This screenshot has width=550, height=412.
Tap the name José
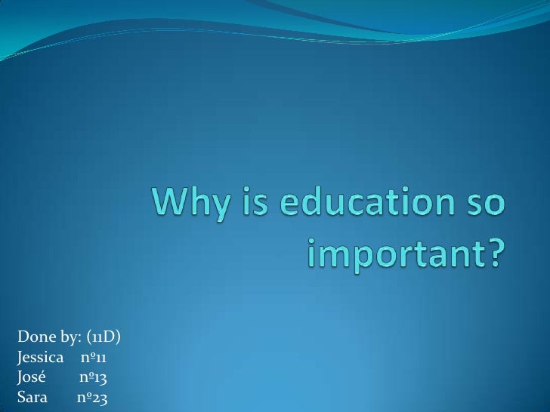pyautogui.click(x=32, y=376)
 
